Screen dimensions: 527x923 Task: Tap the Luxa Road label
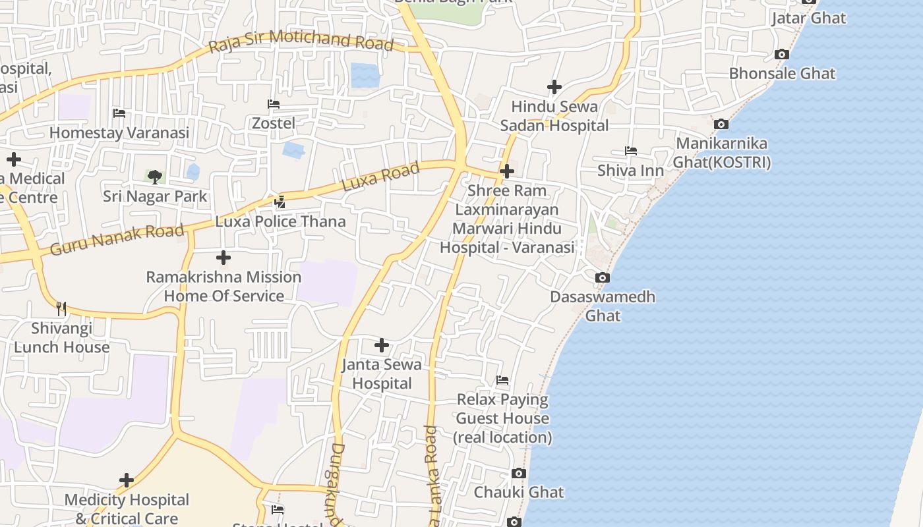(x=380, y=177)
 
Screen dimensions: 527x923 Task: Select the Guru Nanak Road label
(x=117, y=239)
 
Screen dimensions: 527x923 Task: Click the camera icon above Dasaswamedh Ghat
(x=602, y=278)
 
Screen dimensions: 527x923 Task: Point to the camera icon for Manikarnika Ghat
(x=721, y=124)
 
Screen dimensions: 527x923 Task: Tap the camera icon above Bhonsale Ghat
(x=782, y=55)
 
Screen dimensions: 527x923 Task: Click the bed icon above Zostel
(x=274, y=104)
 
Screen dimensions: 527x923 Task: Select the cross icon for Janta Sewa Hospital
(x=382, y=345)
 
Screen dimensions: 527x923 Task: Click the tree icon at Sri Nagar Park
(x=155, y=177)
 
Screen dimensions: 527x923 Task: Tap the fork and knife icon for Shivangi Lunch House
(x=61, y=308)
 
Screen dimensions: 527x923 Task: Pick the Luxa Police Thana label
(x=280, y=221)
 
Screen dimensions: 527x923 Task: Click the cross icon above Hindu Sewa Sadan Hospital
(x=554, y=87)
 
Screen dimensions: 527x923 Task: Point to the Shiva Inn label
(x=630, y=171)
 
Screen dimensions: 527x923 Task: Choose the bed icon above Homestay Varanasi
(x=119, y=113)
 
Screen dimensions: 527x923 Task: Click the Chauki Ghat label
(x=519, y=492)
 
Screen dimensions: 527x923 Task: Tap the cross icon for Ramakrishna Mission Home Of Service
(x=223, y=258)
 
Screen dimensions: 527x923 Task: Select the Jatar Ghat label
(x=808, y=18)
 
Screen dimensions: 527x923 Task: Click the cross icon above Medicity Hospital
(x=127, y=480)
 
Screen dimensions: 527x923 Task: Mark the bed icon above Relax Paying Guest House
(x=502, y=380)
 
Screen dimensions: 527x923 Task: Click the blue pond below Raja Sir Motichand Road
(x=365, y=75)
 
